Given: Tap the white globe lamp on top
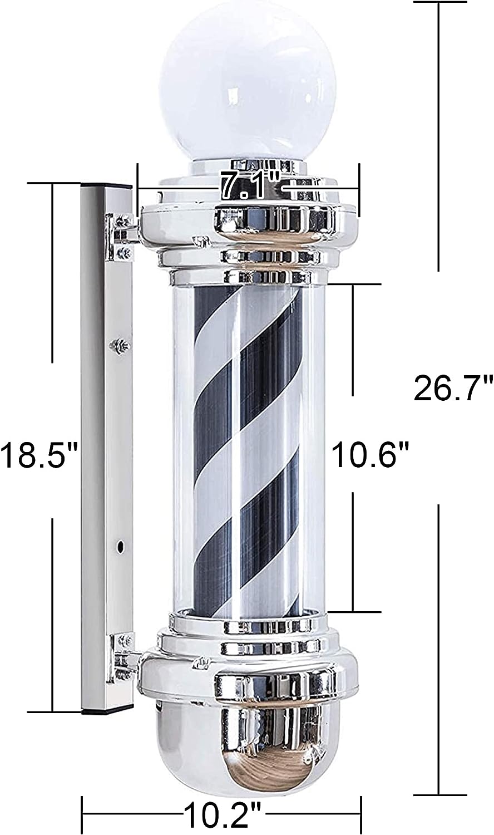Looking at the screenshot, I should point(240,83).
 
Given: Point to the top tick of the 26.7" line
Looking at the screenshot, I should point(439,3).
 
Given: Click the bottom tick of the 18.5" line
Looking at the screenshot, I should point(53,711).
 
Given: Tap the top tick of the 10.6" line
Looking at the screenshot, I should point(353,284).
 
